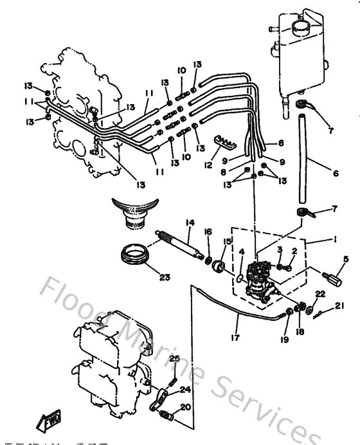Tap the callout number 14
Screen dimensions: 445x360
(x=190, y=223)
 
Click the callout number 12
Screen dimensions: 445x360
(x=206, y=165)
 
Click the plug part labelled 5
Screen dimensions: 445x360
(x=332, y=280)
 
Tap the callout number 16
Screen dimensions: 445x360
(x=208, y=232)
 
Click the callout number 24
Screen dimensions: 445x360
(x=184, y=389)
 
